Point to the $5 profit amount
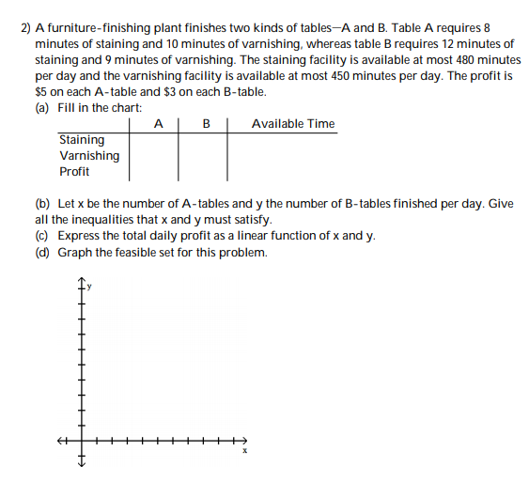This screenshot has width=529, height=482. [x=41, y=92]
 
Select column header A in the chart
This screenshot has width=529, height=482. [x=158, y=124]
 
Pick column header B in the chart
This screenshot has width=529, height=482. [x=206, y=124]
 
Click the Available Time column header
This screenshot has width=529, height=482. [x=293, y=124]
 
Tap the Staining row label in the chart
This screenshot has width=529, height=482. [x=82, y=140]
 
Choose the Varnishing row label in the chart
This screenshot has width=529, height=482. [x=89, y=156]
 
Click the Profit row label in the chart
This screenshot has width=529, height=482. [x=74, y=172]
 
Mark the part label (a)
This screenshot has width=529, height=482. [x=42, y=108]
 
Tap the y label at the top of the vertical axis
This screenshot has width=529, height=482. [x=91, y=288]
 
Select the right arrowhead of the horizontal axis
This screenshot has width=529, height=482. [x=246, y=439]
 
